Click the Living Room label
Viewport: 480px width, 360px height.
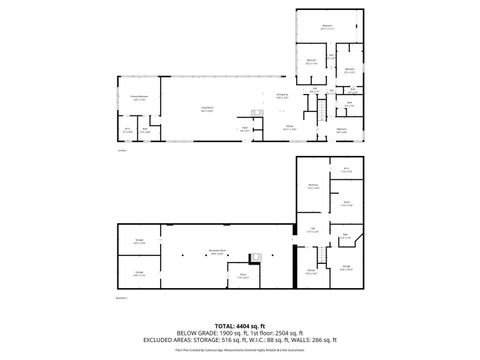207,108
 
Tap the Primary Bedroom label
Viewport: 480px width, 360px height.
139,98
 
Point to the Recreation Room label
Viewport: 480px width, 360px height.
216,251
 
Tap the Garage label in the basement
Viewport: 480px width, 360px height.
346,266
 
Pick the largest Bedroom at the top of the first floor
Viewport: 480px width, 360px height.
327,26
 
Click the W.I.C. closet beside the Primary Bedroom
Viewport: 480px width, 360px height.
128,129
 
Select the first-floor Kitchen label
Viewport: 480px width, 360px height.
289,128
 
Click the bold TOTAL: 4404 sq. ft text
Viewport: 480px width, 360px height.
239,326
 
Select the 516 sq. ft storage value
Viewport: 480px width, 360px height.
245,339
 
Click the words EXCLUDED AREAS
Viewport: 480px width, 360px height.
196,339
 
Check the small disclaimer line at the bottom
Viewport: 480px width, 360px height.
239,351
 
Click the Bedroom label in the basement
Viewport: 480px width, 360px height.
313,186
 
